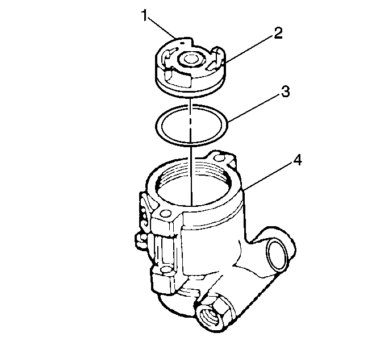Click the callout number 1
tap(145, 15)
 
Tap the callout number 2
tap(278, 33)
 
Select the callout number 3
tap(285, 91)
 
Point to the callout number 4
tap(297, 161)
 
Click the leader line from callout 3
tap(253, 109)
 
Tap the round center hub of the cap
tap(189, 60)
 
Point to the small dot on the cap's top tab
tap(182, 43)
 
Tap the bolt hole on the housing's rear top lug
tap(219, 157)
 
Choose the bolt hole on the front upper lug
tap(166, 213)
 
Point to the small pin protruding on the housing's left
tap(140, 239)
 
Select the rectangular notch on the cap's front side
tap(178, 78)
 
